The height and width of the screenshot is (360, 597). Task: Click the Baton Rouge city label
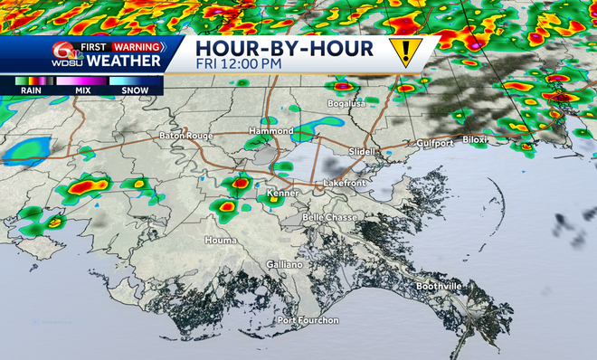click(x=185, y=136)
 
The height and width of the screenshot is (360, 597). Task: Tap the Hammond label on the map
click(x=271, y=131)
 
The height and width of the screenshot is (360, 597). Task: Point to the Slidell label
click(x=360, y=151)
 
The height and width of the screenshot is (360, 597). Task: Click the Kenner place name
click(x=283, y=194)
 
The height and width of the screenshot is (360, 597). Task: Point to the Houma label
click(x=221, y=240)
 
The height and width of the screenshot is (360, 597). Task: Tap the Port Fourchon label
click(x=308, y=320)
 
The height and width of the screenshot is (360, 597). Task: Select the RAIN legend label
click(x=32, y=91)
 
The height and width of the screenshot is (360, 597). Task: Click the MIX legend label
click(x=82, y=91)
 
